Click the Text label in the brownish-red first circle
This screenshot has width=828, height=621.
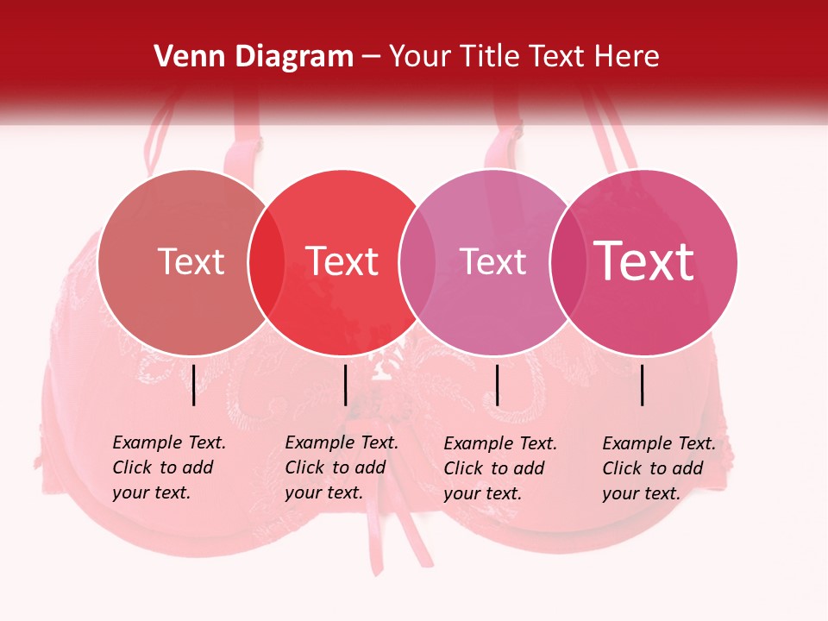point(191,261)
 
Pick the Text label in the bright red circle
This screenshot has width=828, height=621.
point(342,261)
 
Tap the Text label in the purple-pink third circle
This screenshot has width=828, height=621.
point(492,261)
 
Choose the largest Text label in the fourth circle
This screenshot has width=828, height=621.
point(644,261)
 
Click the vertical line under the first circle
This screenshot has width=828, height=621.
point(193,385)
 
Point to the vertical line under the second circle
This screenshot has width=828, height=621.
point(345,385)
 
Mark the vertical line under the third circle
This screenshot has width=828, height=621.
point(497,385)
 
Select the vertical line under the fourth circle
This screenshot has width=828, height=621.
point(643,385)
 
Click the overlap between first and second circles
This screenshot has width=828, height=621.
point(267,262)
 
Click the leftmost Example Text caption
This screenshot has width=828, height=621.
point(169,467)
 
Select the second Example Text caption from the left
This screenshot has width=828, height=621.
point(342,467)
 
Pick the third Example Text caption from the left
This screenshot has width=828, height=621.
point(500,468)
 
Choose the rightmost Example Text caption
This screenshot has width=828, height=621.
point(659,468)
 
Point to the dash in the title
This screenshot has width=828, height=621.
point(371,58)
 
